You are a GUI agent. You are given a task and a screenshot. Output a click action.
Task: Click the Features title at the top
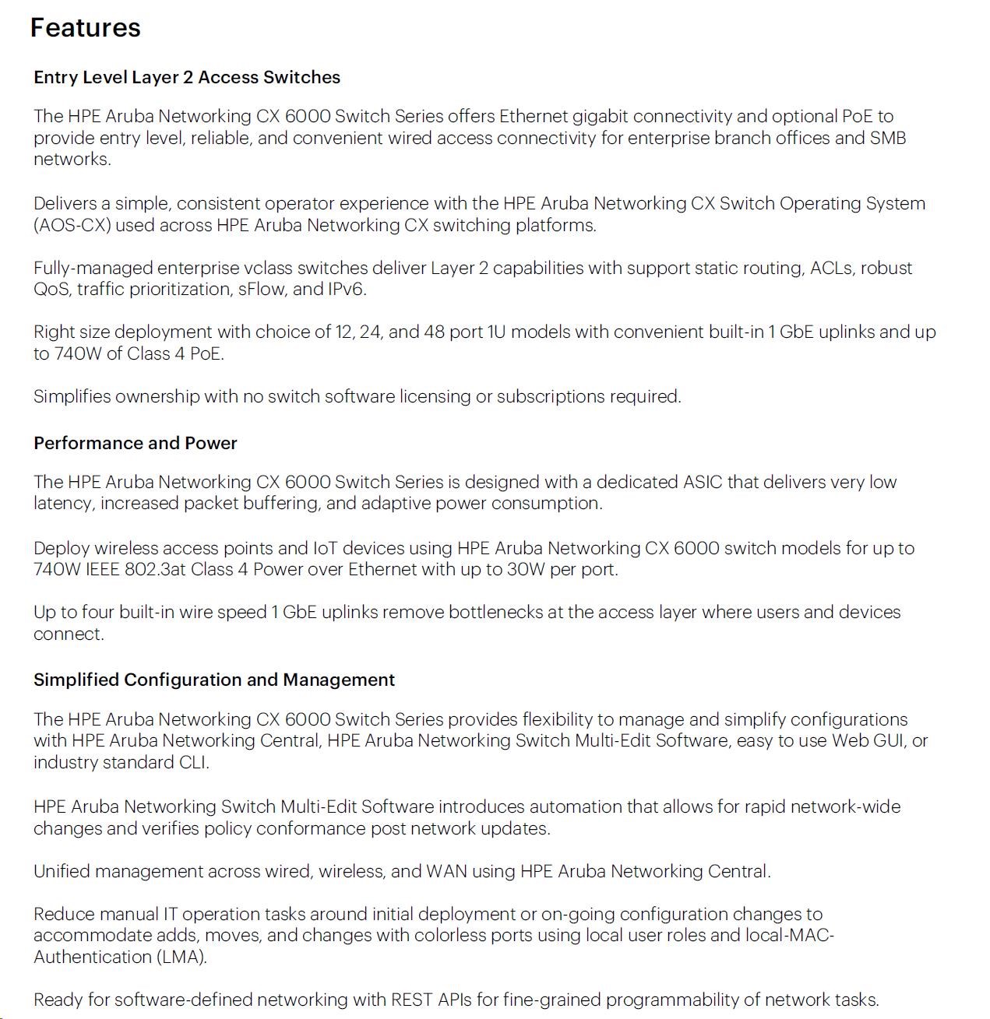[85, 28]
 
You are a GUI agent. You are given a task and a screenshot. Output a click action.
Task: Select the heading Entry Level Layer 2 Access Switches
[187, 77]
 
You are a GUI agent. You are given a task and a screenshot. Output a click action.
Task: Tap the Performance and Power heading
[135, 443]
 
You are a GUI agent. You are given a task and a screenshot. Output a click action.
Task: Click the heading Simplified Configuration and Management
[214, 680]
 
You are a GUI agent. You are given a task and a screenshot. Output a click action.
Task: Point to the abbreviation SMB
[888, 138]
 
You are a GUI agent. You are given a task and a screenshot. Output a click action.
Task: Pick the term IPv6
[345, 290]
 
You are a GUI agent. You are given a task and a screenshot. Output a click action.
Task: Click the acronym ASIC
[703, 482]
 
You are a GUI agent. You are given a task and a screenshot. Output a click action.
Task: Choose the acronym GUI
[889, 740]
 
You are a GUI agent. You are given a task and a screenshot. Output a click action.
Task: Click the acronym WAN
[446, 871]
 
